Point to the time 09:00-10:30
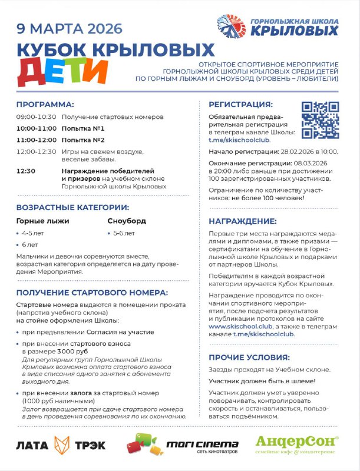click(x=37, y=117)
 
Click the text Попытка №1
click(x=83, y=128)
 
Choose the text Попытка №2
click(x=83, y=140)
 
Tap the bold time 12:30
click(x=26, y=171)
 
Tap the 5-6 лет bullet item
click(x=124, y=233)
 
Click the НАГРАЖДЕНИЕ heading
click(x=243, y=221)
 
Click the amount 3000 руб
click(x=73, y=351)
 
